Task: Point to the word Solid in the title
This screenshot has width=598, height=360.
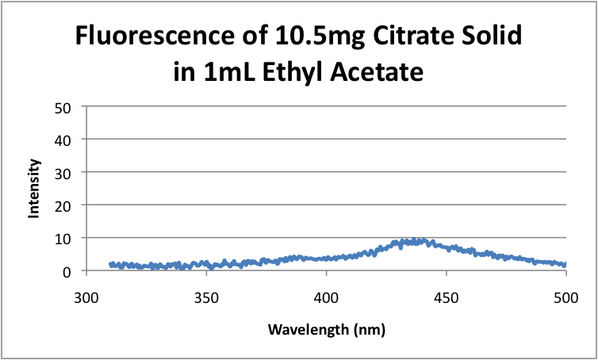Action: tap(489, 37)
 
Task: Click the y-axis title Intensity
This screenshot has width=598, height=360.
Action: tap(34, 189)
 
